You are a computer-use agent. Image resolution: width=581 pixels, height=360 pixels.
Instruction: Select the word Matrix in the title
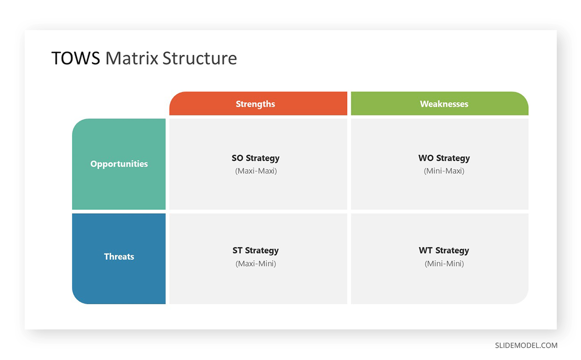coord(132,58)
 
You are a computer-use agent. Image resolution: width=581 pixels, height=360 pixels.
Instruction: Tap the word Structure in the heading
coord(199,58)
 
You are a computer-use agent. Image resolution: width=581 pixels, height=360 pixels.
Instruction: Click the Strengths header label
coord(255,104)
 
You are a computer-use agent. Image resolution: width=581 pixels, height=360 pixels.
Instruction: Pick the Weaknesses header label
coord(444,104)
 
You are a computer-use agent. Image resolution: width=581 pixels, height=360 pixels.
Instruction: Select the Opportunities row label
coord(119,164)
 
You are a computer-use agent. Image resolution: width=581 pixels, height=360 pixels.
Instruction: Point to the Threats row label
coord(119,257)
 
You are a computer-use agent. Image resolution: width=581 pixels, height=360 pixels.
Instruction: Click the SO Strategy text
coord(256,158)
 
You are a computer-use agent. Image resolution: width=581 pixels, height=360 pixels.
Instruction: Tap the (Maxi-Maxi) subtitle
coord(256,171)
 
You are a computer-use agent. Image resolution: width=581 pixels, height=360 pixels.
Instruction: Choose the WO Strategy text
coord(444,158)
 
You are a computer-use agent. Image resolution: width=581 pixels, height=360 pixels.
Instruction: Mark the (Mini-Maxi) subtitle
coord(444,171)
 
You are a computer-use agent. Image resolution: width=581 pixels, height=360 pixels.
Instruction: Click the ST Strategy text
coord(256,250)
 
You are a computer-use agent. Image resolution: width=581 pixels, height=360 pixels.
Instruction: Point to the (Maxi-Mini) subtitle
coord(256,264)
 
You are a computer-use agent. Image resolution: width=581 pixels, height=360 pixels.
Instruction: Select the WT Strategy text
coord(444,250)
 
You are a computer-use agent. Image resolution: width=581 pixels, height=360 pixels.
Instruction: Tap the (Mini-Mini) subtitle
coord(444,264)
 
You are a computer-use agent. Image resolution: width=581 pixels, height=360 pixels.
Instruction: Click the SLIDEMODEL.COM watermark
coord(526,345)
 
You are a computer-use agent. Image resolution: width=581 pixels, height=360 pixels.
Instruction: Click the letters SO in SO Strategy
coord(237,158)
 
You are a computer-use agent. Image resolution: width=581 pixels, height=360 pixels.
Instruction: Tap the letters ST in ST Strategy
coord(238,250)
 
